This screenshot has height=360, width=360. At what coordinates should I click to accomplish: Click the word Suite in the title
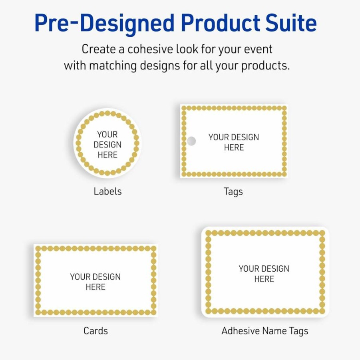(291, 23)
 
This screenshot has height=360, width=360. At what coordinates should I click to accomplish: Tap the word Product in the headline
(221, 23)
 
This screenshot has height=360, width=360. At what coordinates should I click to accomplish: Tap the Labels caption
(107, 191)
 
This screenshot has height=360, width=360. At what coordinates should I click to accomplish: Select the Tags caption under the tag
(233, 192)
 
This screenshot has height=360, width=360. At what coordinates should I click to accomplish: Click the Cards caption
(95, 331)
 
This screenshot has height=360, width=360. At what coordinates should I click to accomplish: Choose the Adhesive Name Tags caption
(265, 331)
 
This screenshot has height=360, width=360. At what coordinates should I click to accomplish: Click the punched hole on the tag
(191, 141)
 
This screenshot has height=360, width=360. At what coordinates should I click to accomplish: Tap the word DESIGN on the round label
(107, 145)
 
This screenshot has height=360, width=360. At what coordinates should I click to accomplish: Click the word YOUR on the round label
(107, 134)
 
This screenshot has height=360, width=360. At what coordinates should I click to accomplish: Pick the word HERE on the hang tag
(234, 147)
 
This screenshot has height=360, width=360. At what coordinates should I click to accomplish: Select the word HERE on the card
(95, 287)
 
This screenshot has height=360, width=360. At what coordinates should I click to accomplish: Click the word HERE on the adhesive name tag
(264, 279)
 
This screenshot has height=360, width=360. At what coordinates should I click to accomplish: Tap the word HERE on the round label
(107, 155)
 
